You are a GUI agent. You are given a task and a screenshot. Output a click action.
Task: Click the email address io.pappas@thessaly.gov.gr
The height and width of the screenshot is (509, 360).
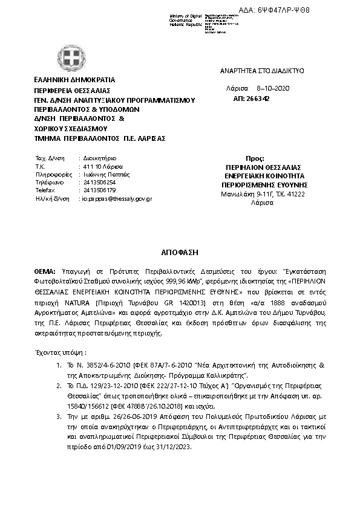tap(116, 198)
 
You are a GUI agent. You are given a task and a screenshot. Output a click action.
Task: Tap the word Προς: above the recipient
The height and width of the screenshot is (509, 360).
tap(256, 157)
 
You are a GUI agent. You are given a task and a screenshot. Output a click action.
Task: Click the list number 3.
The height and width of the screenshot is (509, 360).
tap(57, 416)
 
